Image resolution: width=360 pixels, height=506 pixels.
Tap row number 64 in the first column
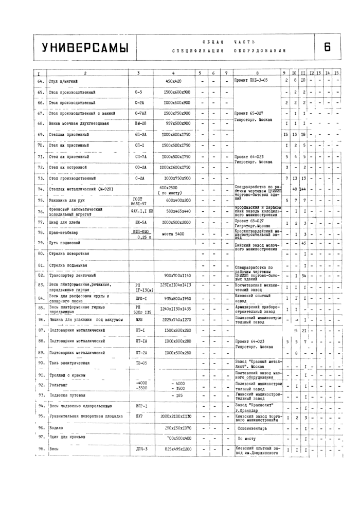pos(40,81)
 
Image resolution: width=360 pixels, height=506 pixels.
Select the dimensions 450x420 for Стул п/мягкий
pos(173,81)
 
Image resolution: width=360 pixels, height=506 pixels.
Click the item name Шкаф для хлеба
pos(63,222)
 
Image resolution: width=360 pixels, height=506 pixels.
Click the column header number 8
pos(257,73)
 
